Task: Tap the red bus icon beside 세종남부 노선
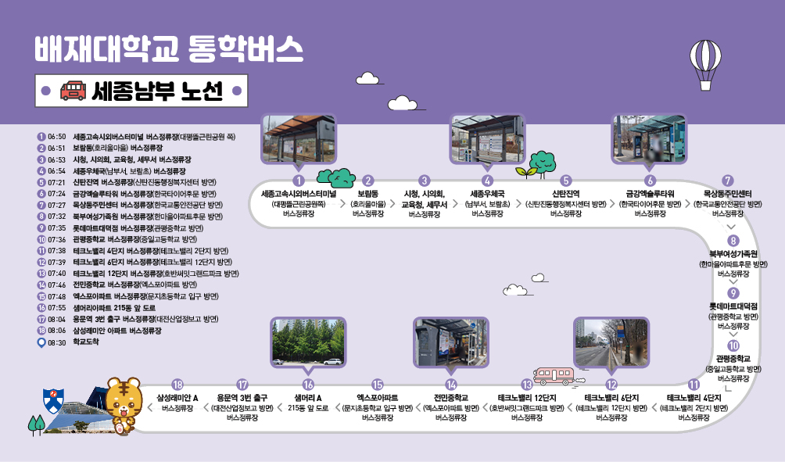[x=73, y=91]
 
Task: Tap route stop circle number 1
[x=298, y=181]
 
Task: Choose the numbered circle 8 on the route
[x=733, y=241]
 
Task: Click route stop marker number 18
[x=177, y=384]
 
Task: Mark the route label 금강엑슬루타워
[x=650, y=193]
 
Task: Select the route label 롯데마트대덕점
[x=733, y=306]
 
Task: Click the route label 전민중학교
[x=450, y=397]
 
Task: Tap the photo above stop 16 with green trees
[x=308, y=342]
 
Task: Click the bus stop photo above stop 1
[x=298, y=139]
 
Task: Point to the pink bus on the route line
[x=554, y=375]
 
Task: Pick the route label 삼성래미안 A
[x=177, y=397]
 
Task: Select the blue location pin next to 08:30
[x=41, y=342]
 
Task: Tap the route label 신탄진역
[x=565, y=193]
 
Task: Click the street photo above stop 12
[x=611, y=342]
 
